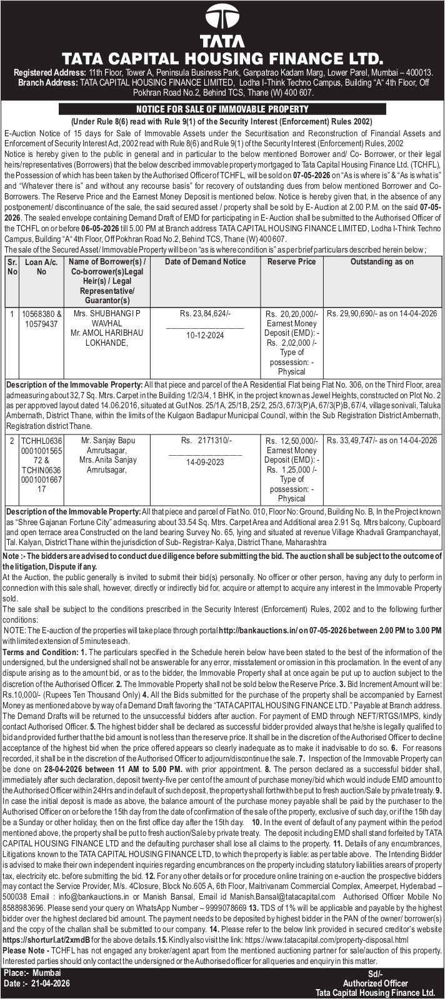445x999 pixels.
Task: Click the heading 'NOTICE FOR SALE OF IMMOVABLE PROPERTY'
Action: point(222,109)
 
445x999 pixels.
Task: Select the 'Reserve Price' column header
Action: point(291,262)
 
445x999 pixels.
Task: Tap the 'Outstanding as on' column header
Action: point(382,262)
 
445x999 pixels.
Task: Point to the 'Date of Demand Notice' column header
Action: point(205,262)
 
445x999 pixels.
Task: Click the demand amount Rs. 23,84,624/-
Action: point(205,314)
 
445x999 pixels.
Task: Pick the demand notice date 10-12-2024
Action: point(205,336)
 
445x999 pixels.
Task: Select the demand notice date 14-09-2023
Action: point(205,463)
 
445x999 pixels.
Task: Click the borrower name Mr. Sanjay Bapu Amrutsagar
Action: point(107,446)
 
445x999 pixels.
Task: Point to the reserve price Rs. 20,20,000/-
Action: point(292,314)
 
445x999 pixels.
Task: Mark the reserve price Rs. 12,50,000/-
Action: point(292,441)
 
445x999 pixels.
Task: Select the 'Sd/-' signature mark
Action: point(375,974)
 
